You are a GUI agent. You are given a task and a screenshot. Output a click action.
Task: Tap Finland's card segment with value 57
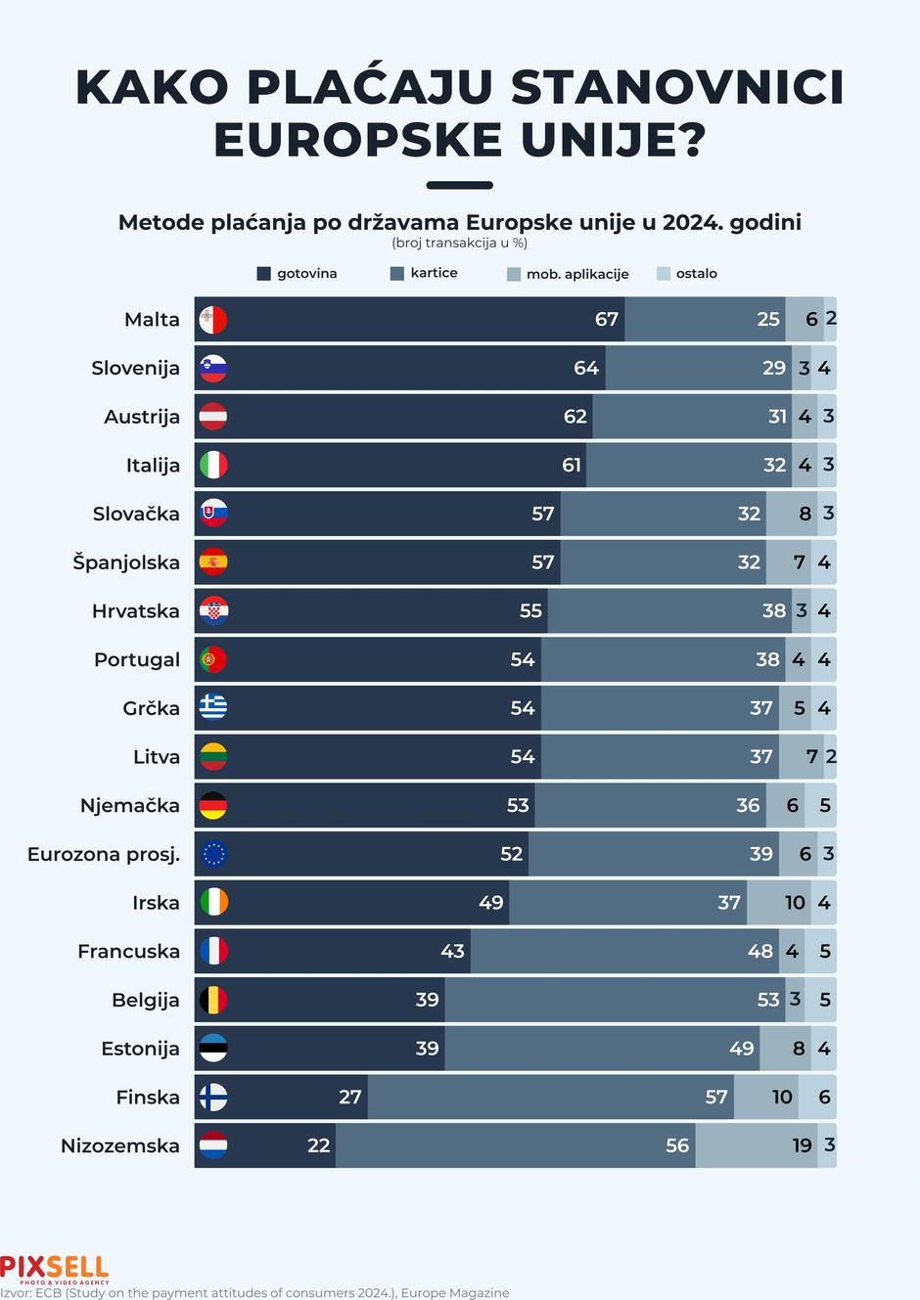550,1097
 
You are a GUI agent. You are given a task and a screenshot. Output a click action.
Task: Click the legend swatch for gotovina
263,274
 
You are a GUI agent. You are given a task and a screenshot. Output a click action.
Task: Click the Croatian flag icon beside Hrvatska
213,610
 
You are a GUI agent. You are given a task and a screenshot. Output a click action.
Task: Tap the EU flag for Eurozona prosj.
213,854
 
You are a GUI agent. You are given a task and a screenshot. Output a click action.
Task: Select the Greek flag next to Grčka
213,708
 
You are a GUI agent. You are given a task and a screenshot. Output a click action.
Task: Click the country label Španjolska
126,562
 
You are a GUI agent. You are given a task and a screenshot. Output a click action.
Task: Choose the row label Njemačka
130,805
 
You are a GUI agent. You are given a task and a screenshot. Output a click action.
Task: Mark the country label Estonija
140,1049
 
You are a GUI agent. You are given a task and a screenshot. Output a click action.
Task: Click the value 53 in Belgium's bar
768,1000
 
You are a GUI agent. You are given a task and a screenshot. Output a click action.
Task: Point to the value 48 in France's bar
759,951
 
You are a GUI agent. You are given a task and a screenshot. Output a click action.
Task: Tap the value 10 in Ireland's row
795,902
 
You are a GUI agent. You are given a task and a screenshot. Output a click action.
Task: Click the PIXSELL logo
55,1269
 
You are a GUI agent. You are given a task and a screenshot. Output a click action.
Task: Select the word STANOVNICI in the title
676,87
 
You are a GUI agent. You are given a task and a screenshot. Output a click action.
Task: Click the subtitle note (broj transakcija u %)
459,243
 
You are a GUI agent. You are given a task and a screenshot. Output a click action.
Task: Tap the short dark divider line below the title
460,185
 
